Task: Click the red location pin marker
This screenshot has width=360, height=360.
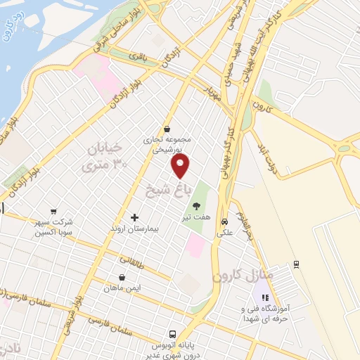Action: tap(181, 166)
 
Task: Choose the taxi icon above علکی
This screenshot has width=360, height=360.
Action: tap(224, 217)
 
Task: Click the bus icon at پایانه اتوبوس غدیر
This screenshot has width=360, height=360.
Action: tap(172, 334)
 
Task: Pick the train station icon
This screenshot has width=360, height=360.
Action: tap(297, 264)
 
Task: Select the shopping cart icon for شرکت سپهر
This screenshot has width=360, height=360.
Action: tap(53, 211)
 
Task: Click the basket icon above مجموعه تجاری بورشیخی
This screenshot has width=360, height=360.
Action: tap(167, 129)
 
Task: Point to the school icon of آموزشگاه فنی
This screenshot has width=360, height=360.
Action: tap(265, 297)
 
